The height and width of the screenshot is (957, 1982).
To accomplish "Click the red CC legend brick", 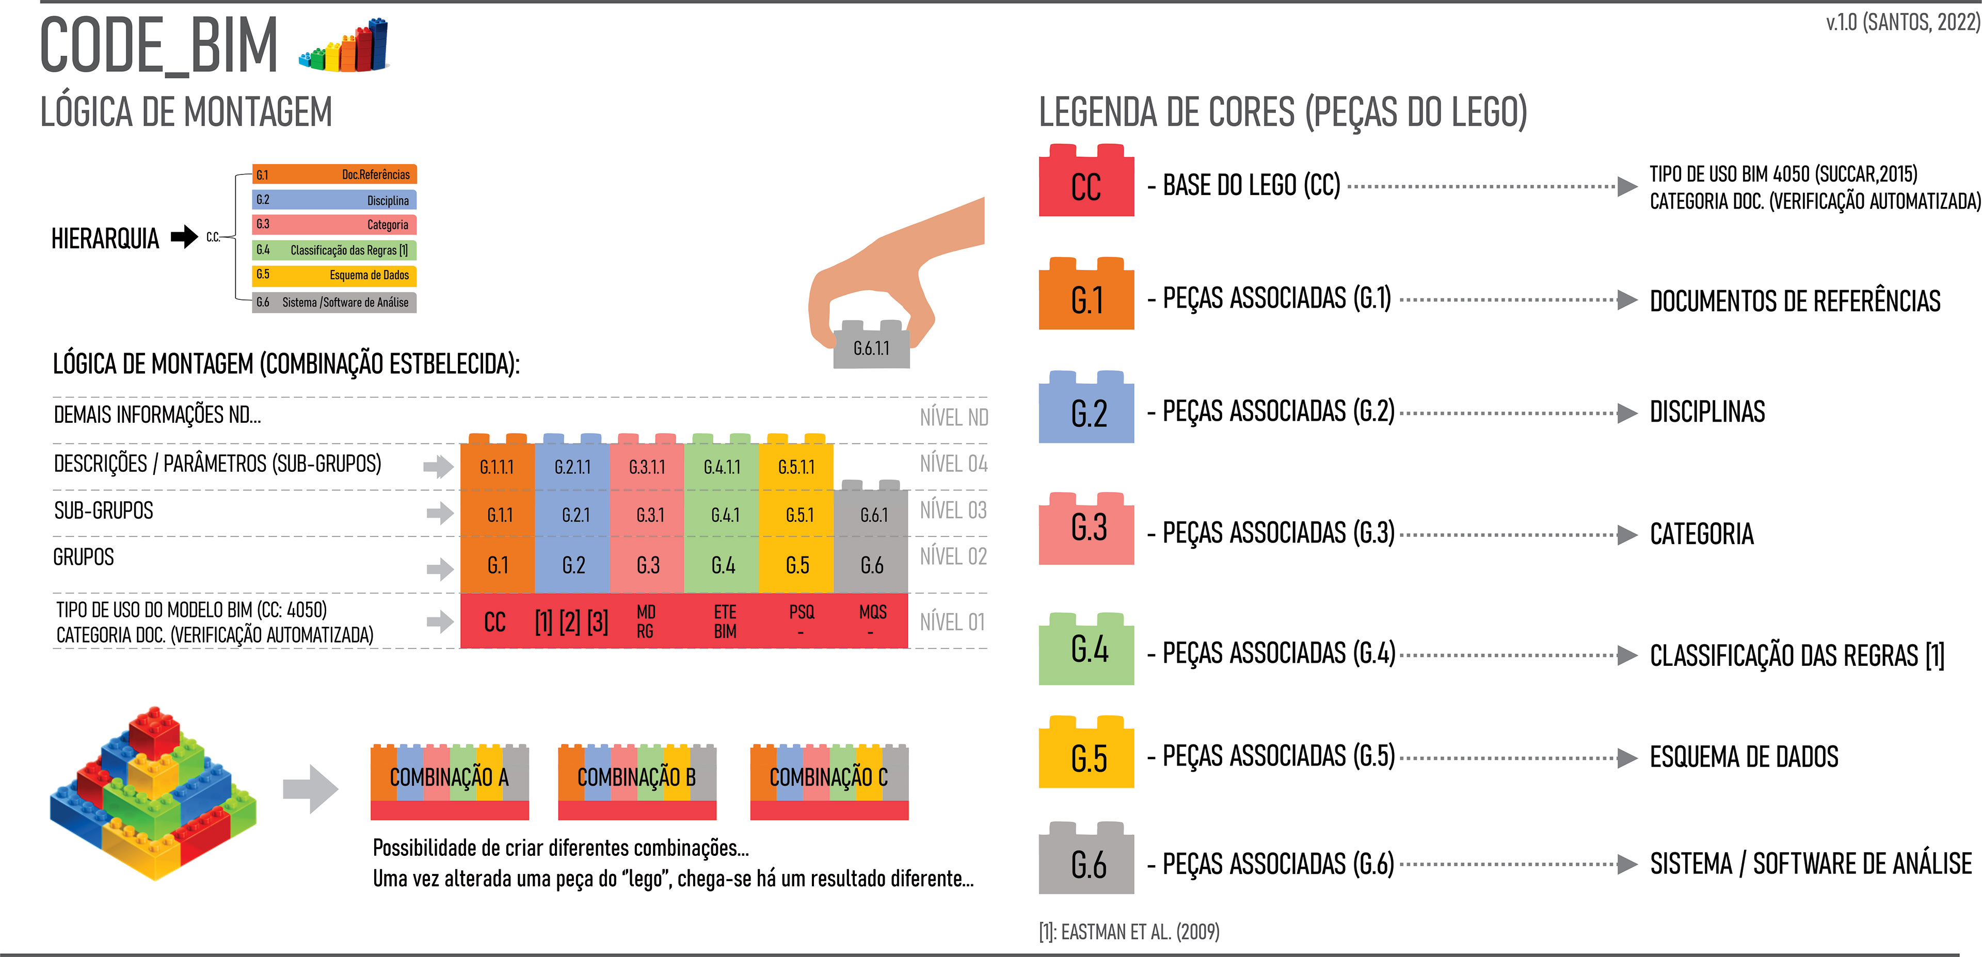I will (1085, 185).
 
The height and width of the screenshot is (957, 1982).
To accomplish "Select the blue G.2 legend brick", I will (1085, 411).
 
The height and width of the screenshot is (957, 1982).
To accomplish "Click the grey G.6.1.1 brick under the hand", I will (871, 348).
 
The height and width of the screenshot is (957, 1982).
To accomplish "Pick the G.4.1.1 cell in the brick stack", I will (722, 466).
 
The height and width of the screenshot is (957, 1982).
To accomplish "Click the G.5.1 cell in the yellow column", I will (798, 515).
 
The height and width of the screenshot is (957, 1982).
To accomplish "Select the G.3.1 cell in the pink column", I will (649, 515).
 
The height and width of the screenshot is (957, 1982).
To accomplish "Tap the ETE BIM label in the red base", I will (725, 621).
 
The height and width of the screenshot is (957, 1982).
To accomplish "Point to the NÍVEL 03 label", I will (952, 510).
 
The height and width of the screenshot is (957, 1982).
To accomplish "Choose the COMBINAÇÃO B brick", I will (636, 778).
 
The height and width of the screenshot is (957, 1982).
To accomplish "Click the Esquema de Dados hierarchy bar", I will (334, 275).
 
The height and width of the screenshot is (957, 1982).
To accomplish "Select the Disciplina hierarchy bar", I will (334, 200).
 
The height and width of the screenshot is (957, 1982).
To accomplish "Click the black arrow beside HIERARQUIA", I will (184, 236).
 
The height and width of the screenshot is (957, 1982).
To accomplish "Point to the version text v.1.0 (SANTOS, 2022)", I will (1903, 22).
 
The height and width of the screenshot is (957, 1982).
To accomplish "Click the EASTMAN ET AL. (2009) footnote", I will (1129, 932).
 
